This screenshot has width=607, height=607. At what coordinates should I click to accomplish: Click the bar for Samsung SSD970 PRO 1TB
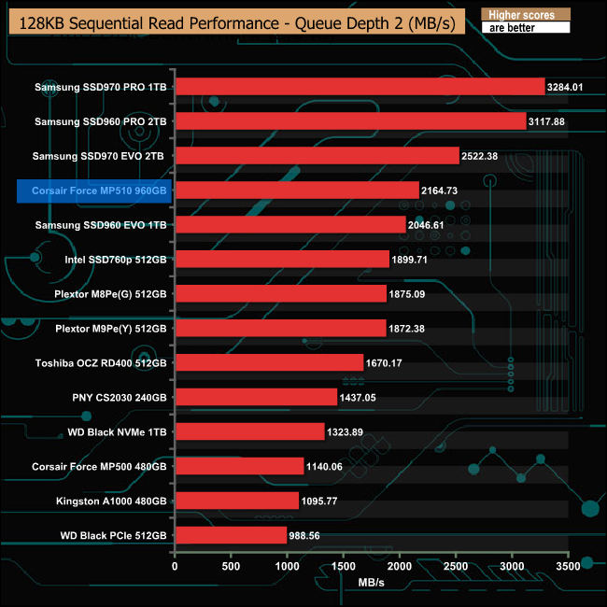click(x=360, y=87)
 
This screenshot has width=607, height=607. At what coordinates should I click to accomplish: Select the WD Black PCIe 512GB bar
click(x=231, y=535)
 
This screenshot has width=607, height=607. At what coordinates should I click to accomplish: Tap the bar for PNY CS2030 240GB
click(x=256, y=397)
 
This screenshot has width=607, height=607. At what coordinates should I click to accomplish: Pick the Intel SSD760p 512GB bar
click(x=282, y=259)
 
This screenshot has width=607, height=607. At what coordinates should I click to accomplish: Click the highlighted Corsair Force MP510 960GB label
click(x=93, y=191)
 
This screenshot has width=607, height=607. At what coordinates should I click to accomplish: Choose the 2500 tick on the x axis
click(x=456, y=566)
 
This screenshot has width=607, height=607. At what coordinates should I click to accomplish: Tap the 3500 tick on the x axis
click(x=568, y=566)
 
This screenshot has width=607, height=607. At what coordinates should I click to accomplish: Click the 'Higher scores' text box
click(x=522, y=15)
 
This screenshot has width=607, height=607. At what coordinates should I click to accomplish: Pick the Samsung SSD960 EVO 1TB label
click(x=100, y=225)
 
